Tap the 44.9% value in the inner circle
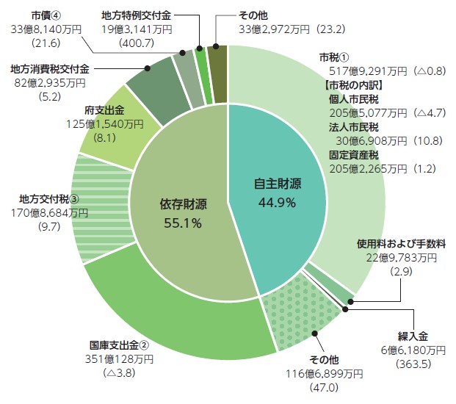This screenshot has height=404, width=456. coord(278,203)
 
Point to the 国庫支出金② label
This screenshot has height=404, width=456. coord(119,345)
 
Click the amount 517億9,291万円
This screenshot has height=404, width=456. coord(355,71)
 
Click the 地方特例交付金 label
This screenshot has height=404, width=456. coord(136,15)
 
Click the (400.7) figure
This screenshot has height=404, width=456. coord(137,43)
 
